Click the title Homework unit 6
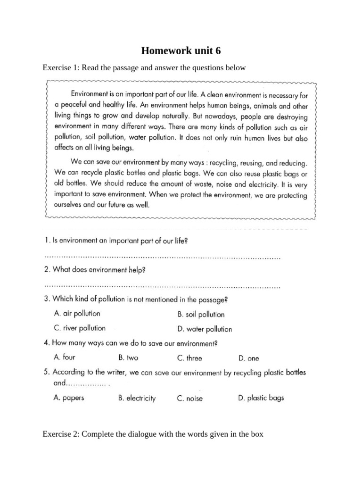tap(181, 51)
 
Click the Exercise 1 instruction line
tap(144, 68)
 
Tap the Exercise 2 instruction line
tap(153, 433)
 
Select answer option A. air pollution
tap(77, 313)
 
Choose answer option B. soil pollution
tap(201, 314)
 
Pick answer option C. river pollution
tap(80, 328)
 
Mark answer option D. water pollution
tap(205, 329)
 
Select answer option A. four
tap(65, 357)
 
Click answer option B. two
tap(128, 358)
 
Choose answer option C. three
tap(189, 358)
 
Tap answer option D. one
tap(248, 358)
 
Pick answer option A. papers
tap(69, 398)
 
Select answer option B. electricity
tap(137, 398)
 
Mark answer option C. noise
tap(190, 398)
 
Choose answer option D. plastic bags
tap(261, 398)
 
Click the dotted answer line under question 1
tap(162, 258)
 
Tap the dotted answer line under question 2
tap(162, 286)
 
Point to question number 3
tap(47, 299)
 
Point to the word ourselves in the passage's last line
tap(70, 205)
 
